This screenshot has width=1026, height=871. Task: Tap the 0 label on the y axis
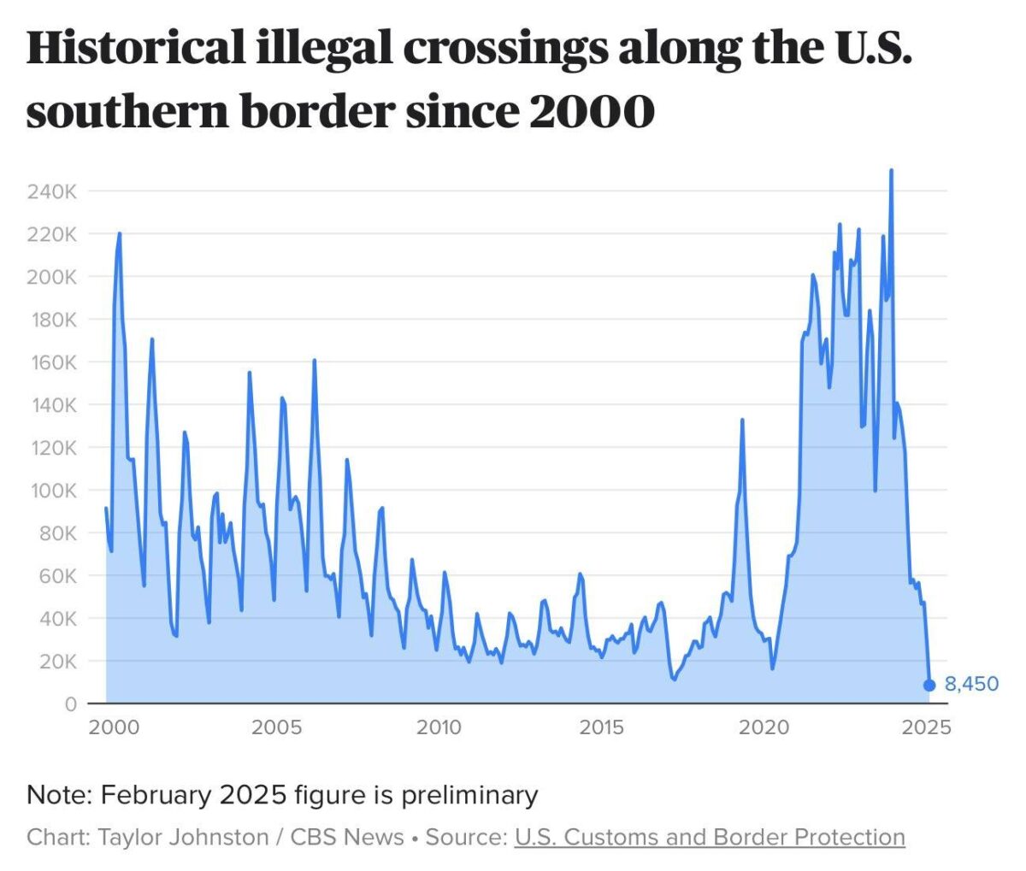click(70, 704)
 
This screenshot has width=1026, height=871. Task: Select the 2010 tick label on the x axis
click(439, 728)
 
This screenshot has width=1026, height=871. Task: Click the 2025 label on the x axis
click(927, 728)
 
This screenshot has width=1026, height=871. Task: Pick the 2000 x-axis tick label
click(114, 728)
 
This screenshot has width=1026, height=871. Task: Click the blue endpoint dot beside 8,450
click(929, 685)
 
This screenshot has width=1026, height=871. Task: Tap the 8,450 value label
click(971, 685)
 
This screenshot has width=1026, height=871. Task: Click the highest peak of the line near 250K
click(891, 170)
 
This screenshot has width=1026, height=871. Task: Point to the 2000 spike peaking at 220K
click(119, 233)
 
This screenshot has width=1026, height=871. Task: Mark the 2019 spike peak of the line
click(742, 420)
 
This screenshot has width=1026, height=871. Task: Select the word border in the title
click(317, 112)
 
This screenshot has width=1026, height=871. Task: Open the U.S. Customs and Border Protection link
click(710, 837)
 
